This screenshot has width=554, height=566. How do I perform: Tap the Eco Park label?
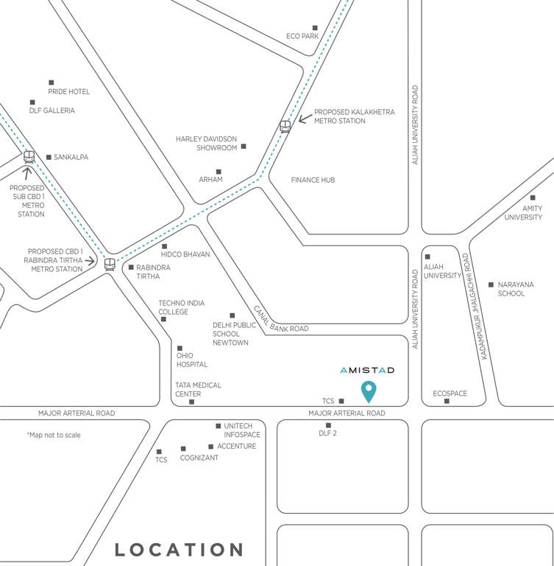[x=302, y=36]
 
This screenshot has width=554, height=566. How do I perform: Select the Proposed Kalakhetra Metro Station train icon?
[x=285, y=126]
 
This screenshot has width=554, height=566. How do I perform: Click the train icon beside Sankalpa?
[x=29, y=157]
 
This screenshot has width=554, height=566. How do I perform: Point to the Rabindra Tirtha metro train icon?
[x=110, y=263]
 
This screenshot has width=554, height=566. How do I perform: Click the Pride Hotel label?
[x=69, y=91]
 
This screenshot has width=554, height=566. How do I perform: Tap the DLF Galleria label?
[x=52, y=111]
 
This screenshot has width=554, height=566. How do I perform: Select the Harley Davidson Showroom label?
[x=207, y=143]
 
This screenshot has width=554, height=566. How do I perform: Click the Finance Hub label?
[x=313, y=180]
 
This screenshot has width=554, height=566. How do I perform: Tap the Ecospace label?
[x=450, y=394]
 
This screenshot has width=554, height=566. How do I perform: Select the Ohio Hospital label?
[x=191, y=360]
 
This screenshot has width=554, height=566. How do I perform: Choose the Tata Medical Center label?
[x=198, y=389]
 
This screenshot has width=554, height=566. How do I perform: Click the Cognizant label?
[x=199, y=458]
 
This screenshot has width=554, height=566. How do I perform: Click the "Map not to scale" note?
[x=54, y=435]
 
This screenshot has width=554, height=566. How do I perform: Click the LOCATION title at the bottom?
[x=179, y=549]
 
